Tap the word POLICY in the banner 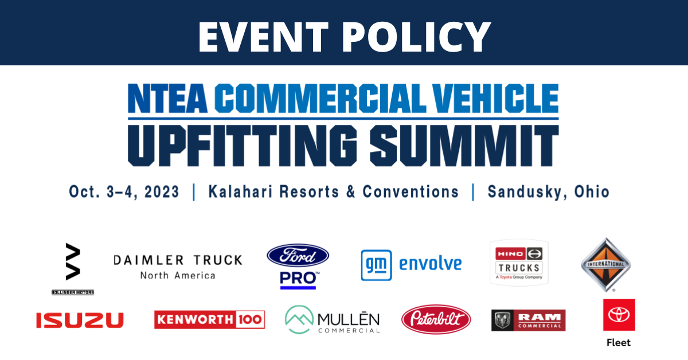click(416, 37)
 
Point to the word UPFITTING click(243, 146)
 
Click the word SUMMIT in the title click(464, 146)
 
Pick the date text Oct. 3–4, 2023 click(124, 191)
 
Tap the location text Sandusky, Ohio click(549, 191)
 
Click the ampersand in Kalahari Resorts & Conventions click(351, 191)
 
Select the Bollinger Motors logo click(73, 269)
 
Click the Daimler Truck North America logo click(178, 267)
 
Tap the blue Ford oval click(298, 255)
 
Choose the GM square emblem click(376, 265)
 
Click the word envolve click(431, 264)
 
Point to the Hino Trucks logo click(519, 263)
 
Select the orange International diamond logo click(605, 264)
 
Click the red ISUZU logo click(80, 320)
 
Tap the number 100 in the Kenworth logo click(250, 320)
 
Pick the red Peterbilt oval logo click(436, 319)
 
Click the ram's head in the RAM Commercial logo click(502, 320)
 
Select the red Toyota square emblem click(619, 315)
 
